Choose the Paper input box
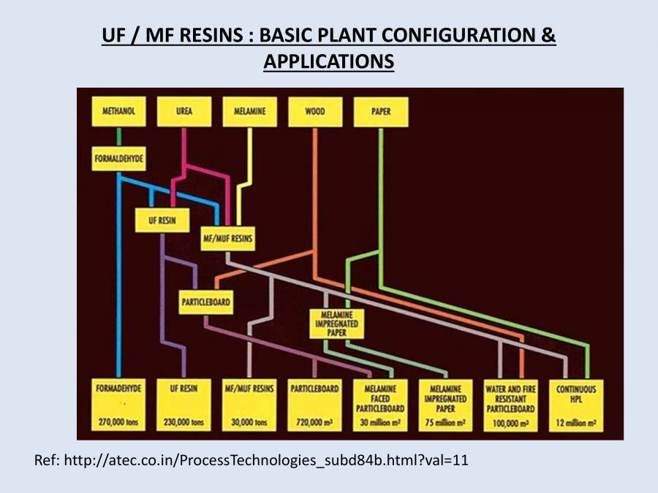point(380,112)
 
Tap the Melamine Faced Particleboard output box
point(380,405)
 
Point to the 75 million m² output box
point(445,405)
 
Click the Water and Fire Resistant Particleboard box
point(510,405)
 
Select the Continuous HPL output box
point(575,405)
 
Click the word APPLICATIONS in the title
point(328,62)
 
